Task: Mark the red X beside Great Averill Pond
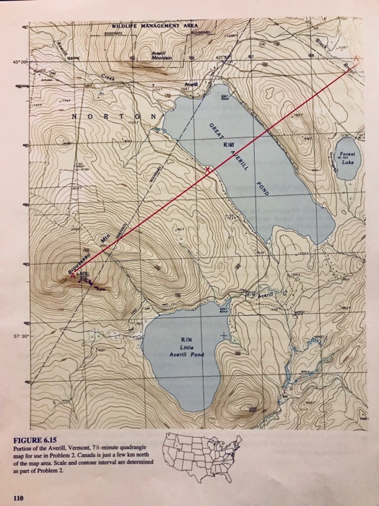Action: coord(209,169)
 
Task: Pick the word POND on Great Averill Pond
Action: coord(261,187)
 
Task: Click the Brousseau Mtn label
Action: coord(85,254)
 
